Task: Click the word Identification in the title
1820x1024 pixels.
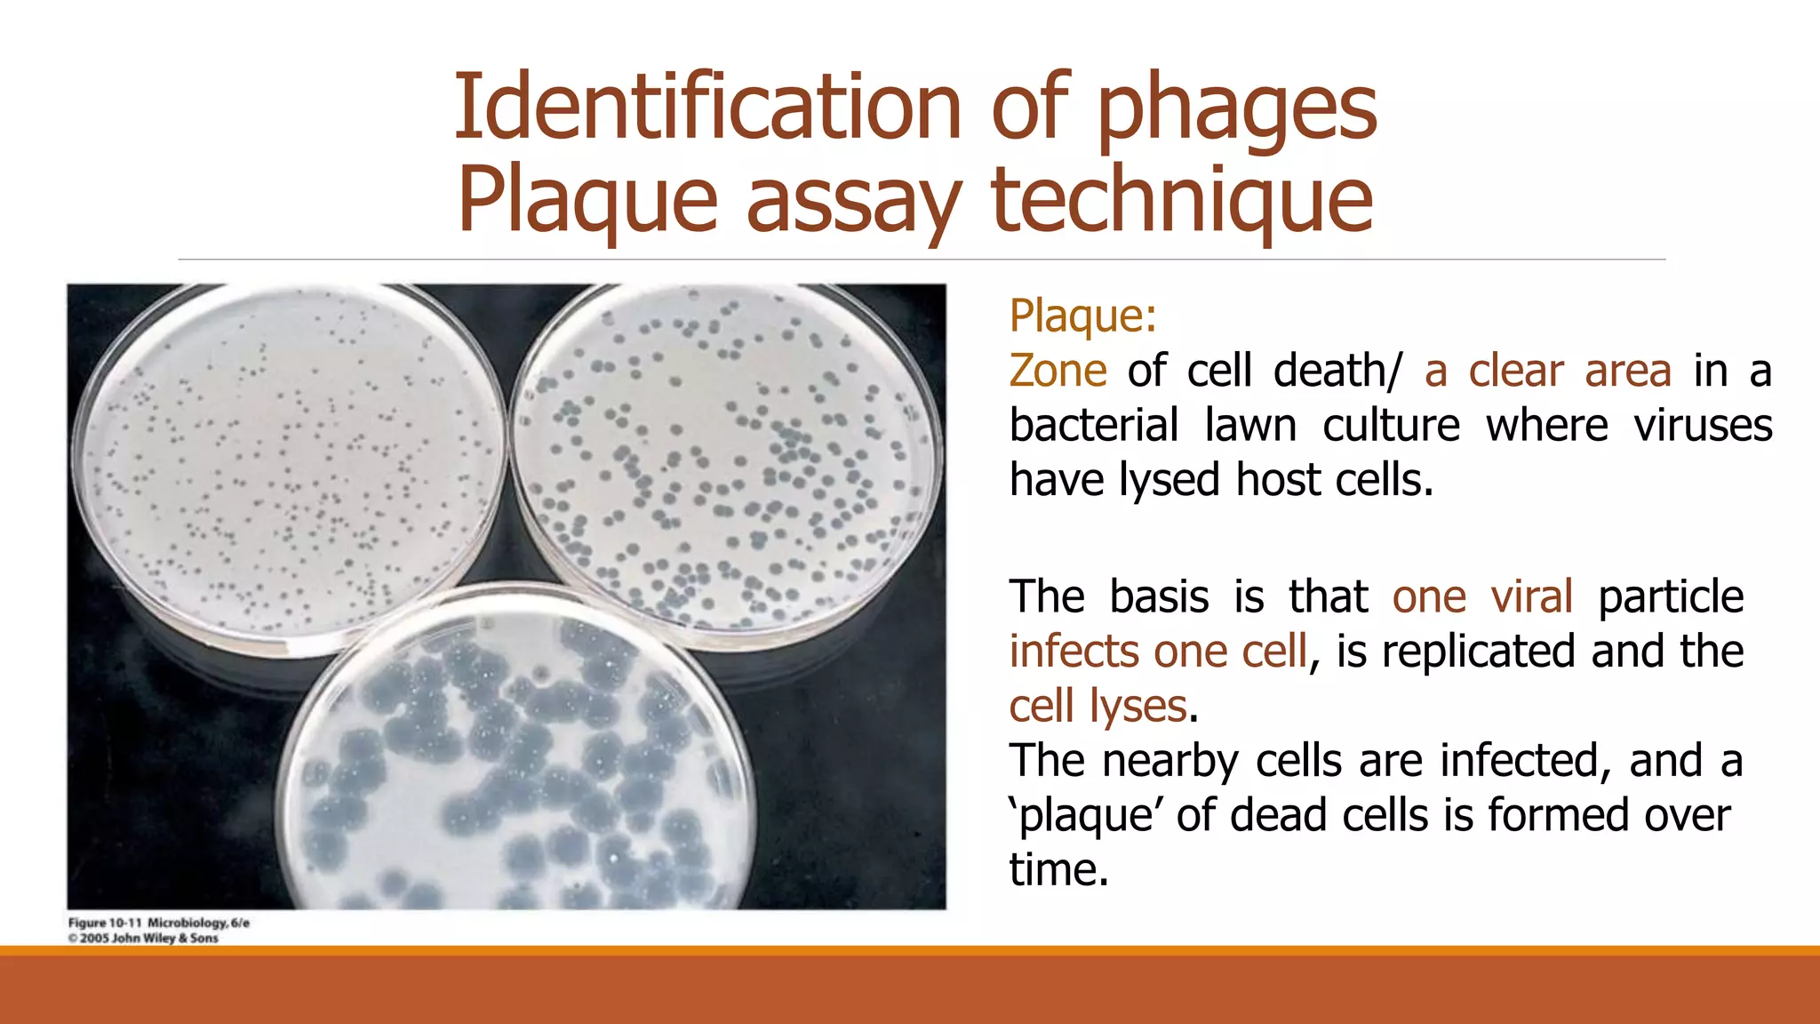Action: [x=707, y=108]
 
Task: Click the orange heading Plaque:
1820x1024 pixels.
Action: [x=1082, y=316]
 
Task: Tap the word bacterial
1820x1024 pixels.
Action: [x=1094, y=425]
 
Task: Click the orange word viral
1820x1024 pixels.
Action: [x=1532, y=596]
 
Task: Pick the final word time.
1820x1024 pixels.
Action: [x=1058, y=869]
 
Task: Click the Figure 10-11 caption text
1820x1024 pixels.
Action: [x=159, y=923]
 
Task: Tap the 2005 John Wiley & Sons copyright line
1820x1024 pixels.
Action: [x=143, y=938]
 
